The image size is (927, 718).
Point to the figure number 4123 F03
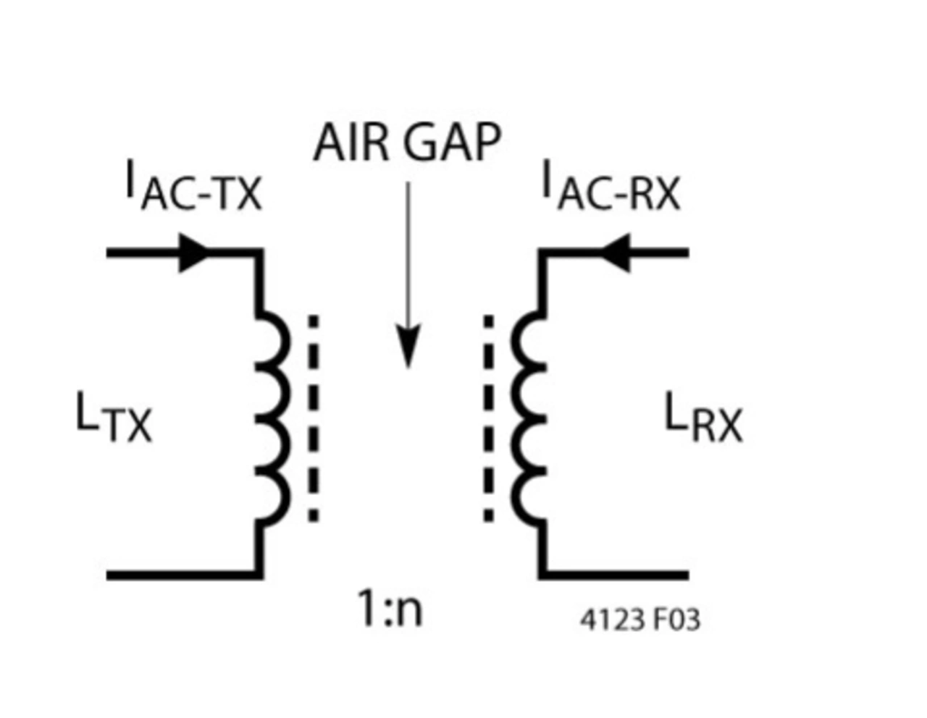click(x=640, y=620)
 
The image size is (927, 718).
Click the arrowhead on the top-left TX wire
click(x=193, y=253)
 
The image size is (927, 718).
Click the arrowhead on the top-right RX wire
click(x=616, y=253)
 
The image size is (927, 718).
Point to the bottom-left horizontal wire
click(x=181, y=575)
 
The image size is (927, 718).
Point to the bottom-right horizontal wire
click(x=616, y=575)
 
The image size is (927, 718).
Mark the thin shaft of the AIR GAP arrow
click(x=408, y=253)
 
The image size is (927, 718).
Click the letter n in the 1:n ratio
click(x=409, y=612)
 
